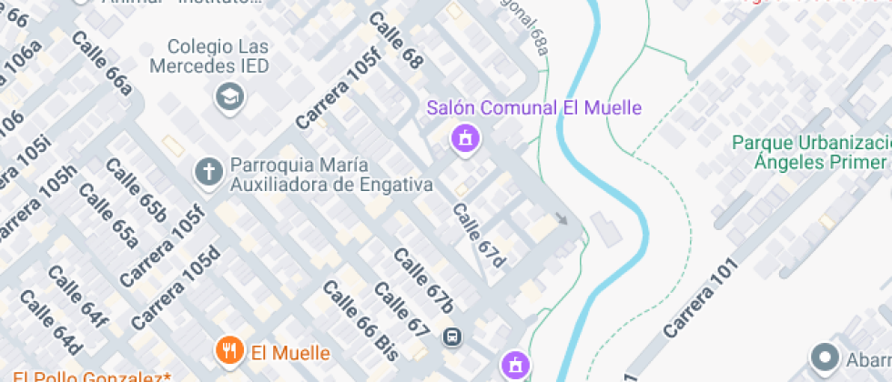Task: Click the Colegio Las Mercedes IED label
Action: [218, 55]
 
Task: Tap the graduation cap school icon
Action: [227, 95]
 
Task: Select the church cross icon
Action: [209, 171]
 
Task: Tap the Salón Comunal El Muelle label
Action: [534, 108]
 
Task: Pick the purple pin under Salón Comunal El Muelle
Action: [466, 139]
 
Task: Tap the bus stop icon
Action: [451, 337]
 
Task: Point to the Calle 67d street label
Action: [479, 236]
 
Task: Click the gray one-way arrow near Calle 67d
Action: [563, 218]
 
